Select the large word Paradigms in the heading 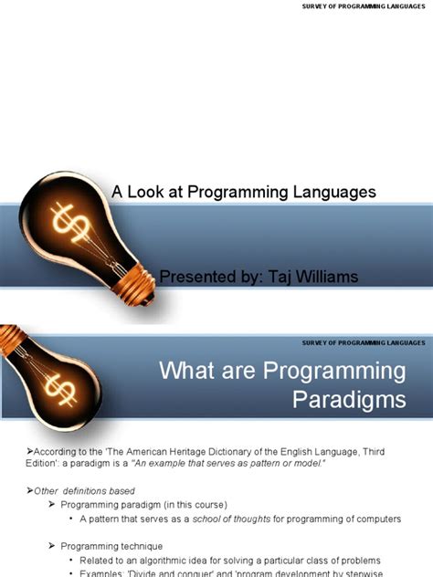[350, 400]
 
